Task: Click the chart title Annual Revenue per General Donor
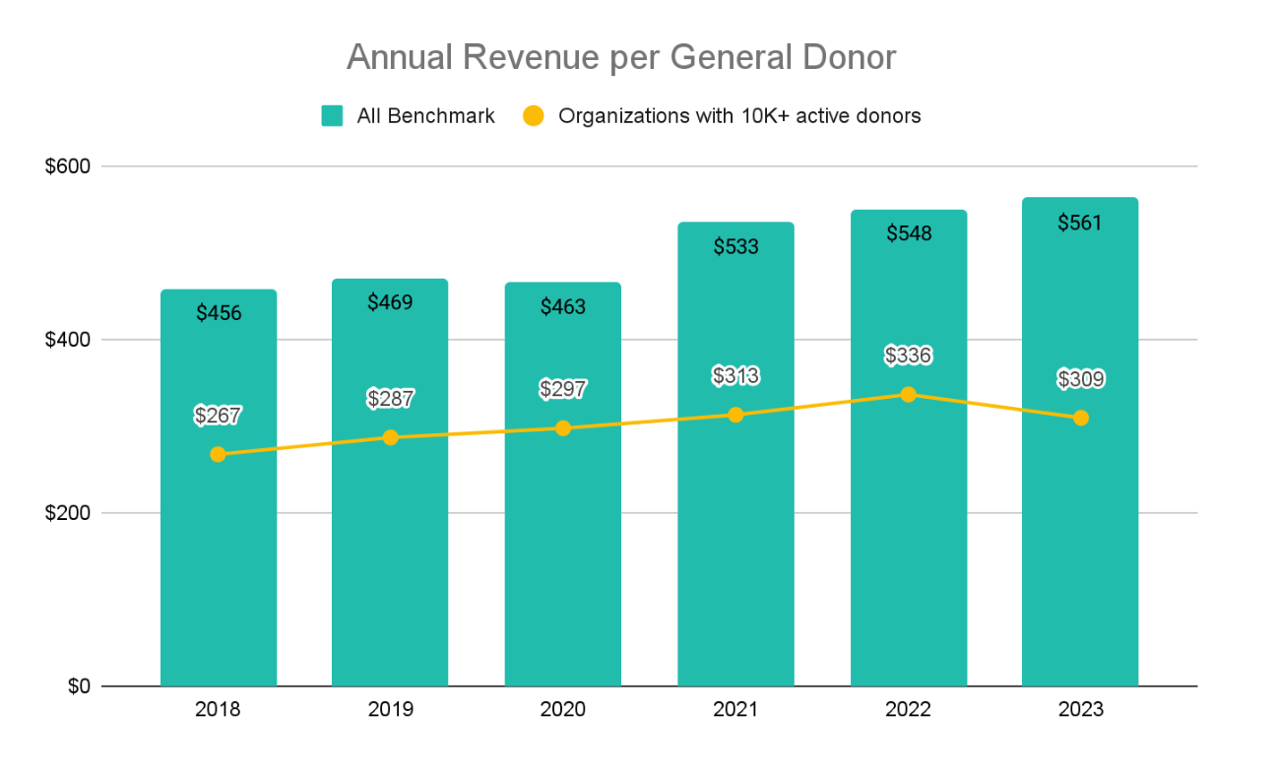tap(621, 58)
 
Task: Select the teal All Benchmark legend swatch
tap(332, 116)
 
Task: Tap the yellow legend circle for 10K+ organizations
tap(533, 116)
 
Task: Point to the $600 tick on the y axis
tap(68, 166)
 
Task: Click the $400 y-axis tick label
tap(68, 340)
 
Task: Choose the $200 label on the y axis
tap(68, 513)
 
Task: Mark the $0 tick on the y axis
tap(78, 686)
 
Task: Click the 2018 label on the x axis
tap(218, 710)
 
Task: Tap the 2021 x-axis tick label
tap(735, 710)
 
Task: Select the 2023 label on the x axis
tap(1080, 710)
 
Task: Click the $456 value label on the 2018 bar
tap(218, 313)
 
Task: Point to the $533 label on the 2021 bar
tap(735, 246)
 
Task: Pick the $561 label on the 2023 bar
tap(1080, 223)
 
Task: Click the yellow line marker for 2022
tap(908, 394)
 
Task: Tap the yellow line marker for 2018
tap(218, 454)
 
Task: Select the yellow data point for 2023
tap(1080, 418)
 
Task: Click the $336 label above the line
tap(908, 356)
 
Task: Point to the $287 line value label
tap(390, 399)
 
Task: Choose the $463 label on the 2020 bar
tap(563, 307)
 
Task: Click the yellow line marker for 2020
tap(563, 428)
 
